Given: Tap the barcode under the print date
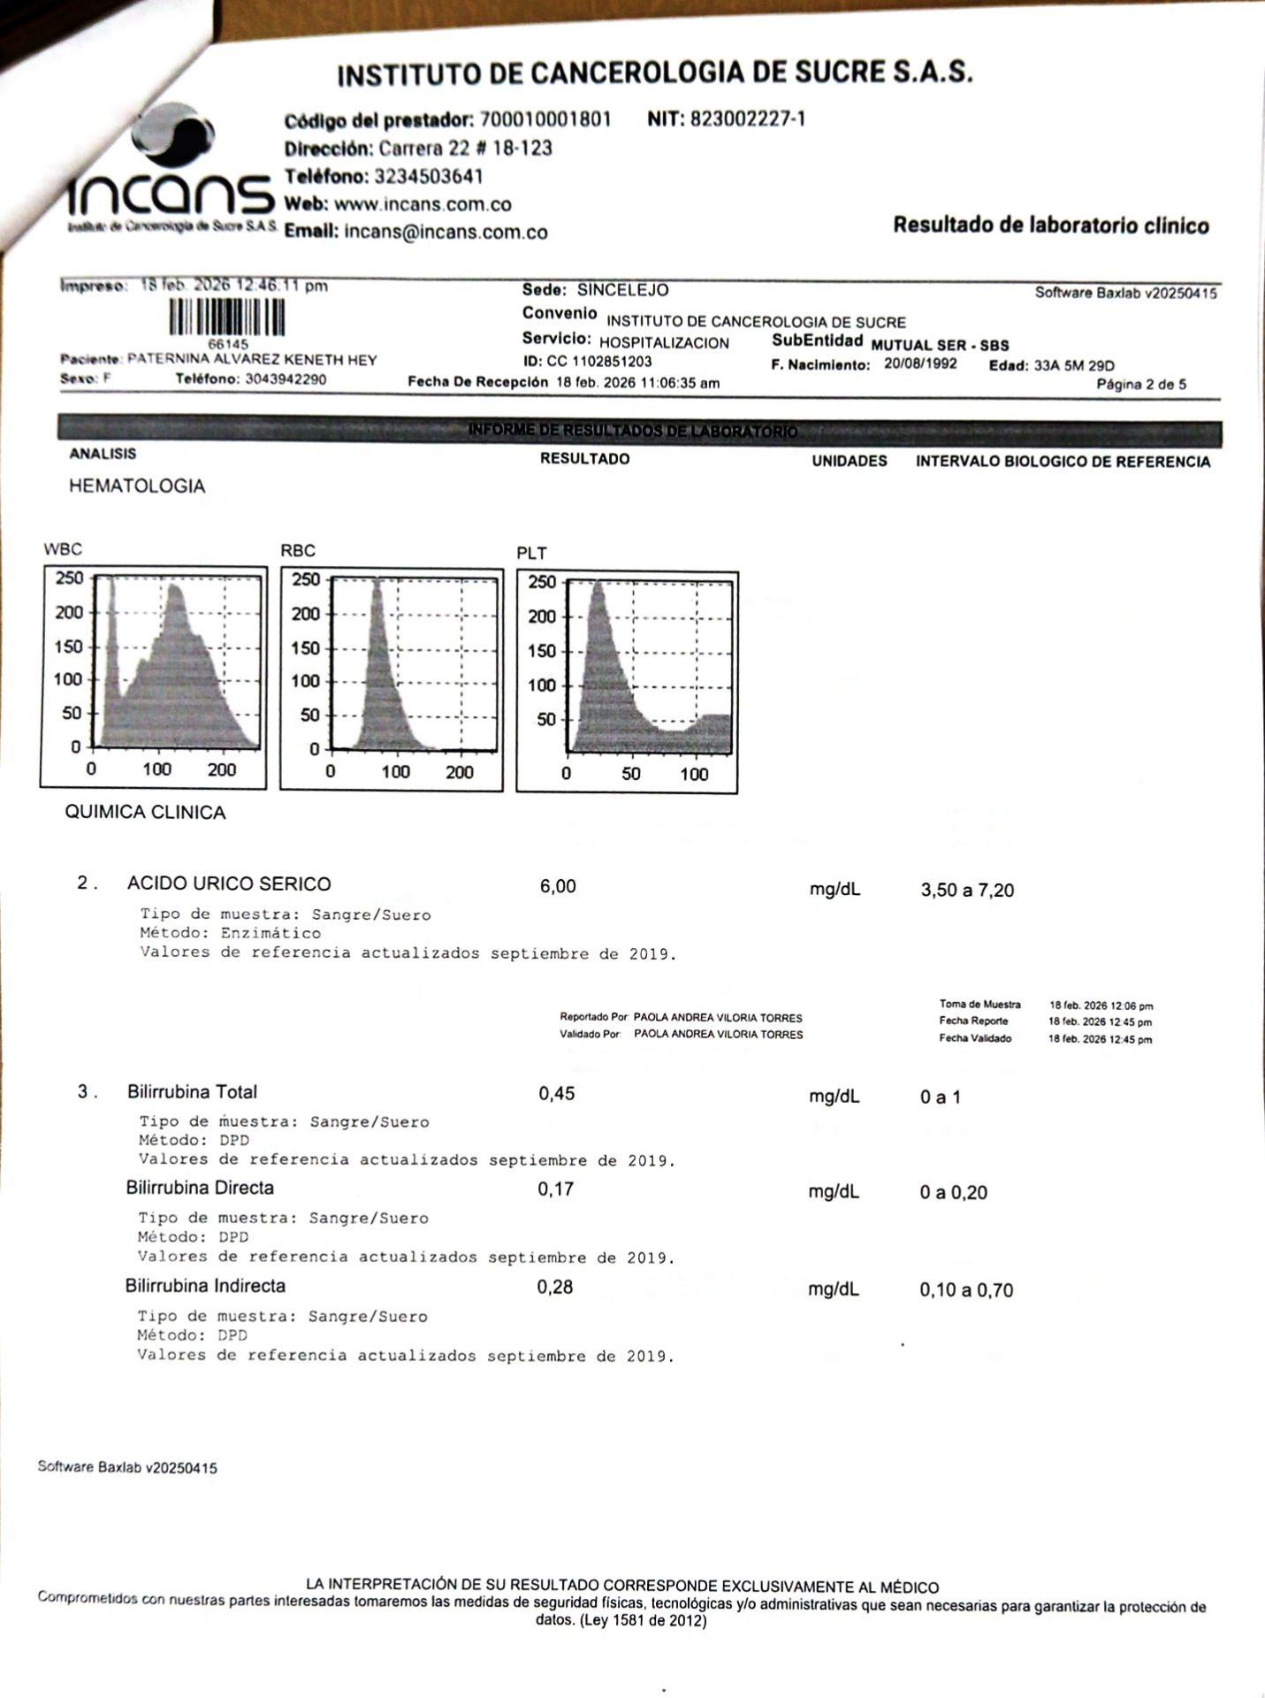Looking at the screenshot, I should coord(227,317).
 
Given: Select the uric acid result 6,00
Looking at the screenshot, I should coord(558,886).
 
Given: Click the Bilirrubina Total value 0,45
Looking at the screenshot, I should coord(557,1094).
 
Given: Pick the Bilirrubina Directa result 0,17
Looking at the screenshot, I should coord(556,1189).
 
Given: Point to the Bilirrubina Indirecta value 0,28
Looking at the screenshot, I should coord(555,1288).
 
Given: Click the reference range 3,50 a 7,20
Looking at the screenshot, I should coord(967,891).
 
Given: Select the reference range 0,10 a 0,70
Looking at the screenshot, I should coord(966,1290).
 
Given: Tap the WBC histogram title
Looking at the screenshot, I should coord(63,549).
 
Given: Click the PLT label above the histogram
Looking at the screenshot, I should coord(532,554).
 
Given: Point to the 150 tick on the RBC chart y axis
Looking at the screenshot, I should coord(306,648).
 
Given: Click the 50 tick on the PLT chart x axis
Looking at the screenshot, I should coord(630,775).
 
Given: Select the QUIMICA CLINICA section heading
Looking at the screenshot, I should coord(146,813).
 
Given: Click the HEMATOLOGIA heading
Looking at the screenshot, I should coord(137,486).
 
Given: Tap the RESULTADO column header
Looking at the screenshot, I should coord(584,459).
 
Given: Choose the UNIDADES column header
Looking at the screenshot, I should coord(850,461).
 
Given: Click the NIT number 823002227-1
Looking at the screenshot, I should coord(747,119).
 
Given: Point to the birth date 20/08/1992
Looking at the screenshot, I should coord(920,364).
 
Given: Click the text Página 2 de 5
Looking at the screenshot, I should coord(1141,385).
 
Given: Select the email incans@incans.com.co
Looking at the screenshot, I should coord(446,233).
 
